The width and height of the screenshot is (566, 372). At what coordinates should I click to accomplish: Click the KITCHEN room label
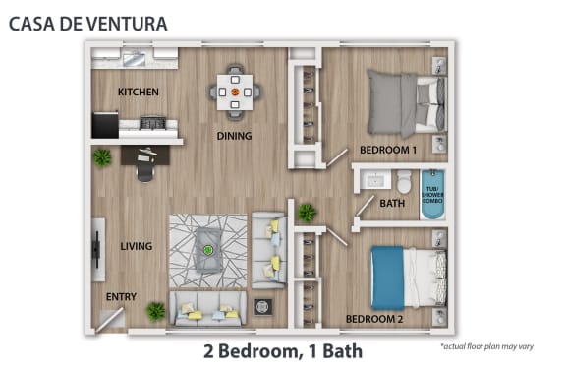[139, 92]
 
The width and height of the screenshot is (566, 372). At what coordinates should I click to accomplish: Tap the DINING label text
[234, 136]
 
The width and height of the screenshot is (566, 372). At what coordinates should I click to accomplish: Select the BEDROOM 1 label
[388, 150]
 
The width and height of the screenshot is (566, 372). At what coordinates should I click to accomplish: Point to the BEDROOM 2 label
[374, 319]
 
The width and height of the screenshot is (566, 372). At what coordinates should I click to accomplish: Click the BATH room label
[392, 203]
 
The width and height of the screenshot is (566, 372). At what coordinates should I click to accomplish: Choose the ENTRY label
[121, 297]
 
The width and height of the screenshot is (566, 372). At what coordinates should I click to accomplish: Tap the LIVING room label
[137, 246]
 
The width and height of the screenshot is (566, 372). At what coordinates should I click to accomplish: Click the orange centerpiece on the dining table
[235, 92]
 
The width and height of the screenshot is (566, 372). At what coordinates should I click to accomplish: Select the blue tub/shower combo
[432, 195]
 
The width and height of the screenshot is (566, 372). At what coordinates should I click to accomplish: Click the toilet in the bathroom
[404, 182]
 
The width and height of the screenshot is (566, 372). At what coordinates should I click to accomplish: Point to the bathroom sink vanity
[375, 180]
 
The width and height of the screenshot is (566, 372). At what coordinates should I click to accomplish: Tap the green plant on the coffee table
[207, 250]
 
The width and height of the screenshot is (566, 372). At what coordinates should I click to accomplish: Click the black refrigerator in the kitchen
[105, 125]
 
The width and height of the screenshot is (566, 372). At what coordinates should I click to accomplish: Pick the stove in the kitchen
[153, 123]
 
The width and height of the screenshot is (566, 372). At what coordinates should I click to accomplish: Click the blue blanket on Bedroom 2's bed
[388, 278]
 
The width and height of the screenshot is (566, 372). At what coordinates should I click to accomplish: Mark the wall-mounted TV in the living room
[96, 249]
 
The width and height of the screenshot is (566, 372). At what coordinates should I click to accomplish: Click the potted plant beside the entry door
[156, 311]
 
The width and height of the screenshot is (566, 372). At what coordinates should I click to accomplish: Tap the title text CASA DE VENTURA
[88, 24]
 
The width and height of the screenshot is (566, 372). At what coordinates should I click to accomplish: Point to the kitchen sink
[135, 59]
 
